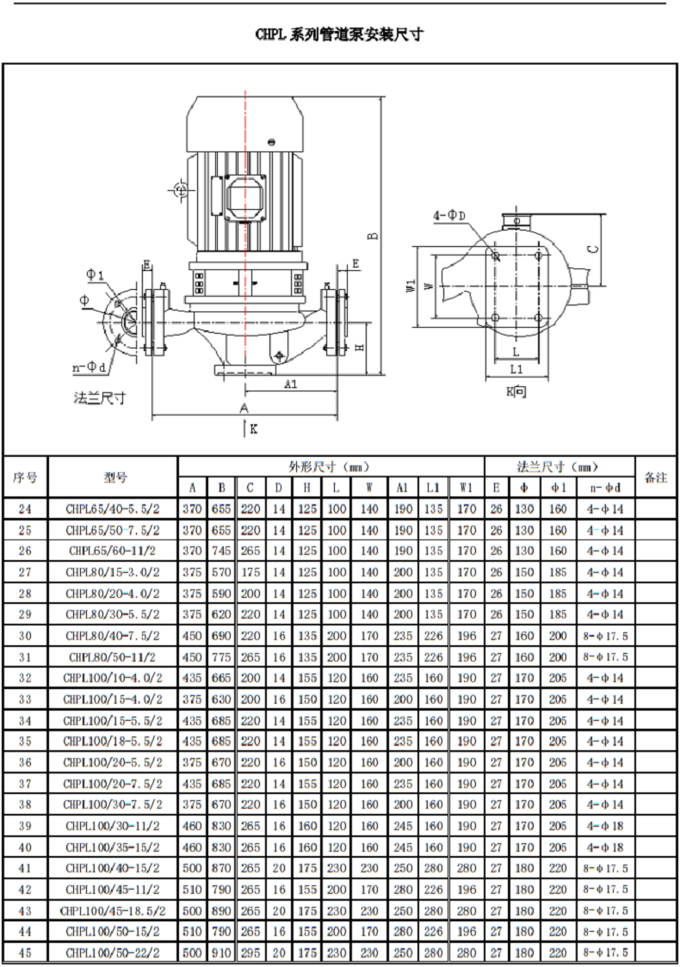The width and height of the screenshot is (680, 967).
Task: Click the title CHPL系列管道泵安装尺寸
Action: click(339, 34)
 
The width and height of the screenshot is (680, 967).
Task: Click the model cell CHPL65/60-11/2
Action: click(112, 551)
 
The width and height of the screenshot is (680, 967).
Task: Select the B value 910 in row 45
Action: click(221, 953)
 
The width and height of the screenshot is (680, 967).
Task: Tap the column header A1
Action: click(402, 488)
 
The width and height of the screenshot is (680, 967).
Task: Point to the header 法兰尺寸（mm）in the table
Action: click(558, 467)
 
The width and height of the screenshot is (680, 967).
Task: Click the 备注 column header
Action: click(656, 477)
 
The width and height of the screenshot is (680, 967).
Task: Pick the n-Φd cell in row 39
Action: click(605, 826)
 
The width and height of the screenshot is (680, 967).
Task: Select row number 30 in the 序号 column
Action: click(25, 636)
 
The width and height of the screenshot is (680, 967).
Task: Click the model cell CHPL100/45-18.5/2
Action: click(112, 911)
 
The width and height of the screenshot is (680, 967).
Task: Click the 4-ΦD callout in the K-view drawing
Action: click(449, 216)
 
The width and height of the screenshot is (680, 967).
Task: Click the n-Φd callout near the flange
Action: click(90, 368)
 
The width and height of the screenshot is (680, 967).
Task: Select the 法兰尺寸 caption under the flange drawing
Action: click(99, 398)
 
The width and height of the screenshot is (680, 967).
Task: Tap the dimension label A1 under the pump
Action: click(291, 385)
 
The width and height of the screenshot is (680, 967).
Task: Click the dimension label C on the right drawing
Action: click(593, 249)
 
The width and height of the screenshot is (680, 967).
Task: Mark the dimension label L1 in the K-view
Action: click(516, 369)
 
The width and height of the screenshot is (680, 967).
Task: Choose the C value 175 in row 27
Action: click(250, 572)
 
